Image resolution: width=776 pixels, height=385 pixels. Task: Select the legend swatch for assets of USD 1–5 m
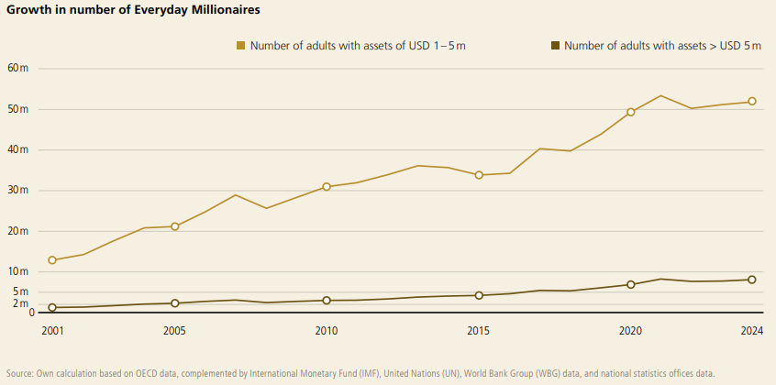(241, 45)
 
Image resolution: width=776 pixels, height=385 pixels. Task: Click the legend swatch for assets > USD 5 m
(555, 45)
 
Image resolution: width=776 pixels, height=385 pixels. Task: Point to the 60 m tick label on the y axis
(17, 69)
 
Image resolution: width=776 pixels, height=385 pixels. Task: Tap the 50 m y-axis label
(17, 109)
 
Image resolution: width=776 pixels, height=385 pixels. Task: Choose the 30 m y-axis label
(17, 191)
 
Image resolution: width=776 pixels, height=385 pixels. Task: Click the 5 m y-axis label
(20, 292)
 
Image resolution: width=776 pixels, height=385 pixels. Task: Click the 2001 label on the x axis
(52, 331)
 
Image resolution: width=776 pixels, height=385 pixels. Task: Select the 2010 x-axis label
(326, 331)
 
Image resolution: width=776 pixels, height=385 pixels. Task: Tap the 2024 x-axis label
(751, 331)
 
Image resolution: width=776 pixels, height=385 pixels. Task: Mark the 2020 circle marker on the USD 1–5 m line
(631, 112)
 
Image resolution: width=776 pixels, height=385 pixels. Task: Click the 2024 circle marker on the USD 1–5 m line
(752, 102)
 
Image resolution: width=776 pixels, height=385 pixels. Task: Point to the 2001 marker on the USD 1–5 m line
(52, 260)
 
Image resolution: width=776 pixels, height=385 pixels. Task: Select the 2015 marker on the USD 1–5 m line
(479, 175)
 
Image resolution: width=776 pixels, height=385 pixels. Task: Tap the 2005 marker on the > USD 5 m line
(174, 303)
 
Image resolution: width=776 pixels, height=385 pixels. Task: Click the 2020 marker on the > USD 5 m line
(631, 284)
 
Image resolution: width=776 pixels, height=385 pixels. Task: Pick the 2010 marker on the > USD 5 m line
(326, 301)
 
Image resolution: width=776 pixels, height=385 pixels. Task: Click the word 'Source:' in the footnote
(20, 373)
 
